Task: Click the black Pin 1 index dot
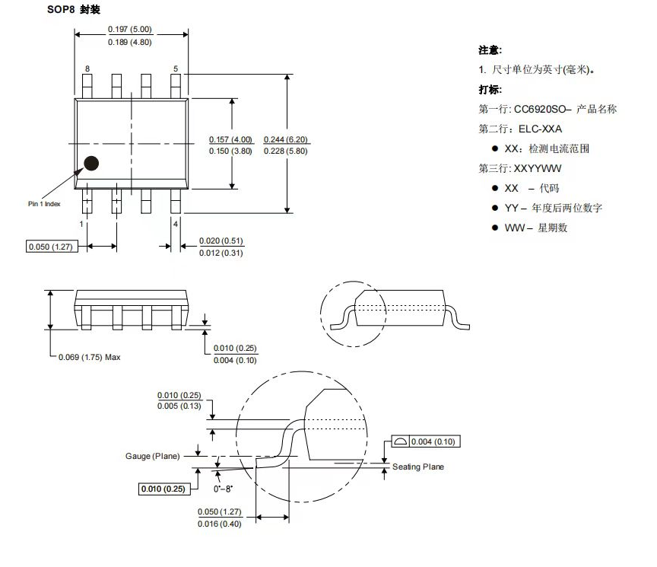[x=92, y=163]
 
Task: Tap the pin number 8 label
[x=87, y=68]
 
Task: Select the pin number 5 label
[x=176, y=68]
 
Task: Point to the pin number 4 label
[x=176, y=225]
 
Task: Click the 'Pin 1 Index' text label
[x=44, y=203]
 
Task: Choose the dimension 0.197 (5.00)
[x=130, y=29]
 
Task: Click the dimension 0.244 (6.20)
[x=286, y=140]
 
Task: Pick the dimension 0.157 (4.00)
[x=230, y=140]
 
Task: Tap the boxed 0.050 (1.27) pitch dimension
[x=52, y=247]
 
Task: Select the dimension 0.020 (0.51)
[x=221, y=241]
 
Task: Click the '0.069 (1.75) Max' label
[x=90, y=357]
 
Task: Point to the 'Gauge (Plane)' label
[x=152, y=456]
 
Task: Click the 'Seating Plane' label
[x=418, y=467]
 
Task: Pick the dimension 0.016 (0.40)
[x=219, y=524]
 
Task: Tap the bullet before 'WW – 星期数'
[x=494, y=228]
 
